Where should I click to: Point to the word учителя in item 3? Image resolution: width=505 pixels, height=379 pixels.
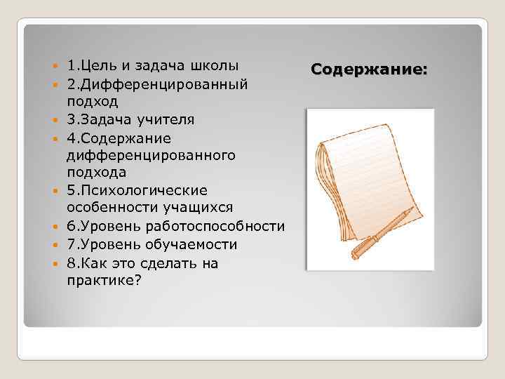coord(164,119)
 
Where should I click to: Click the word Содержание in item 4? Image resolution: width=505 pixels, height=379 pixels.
coord(125,138)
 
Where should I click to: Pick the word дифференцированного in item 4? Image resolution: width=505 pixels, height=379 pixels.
coord(151,155)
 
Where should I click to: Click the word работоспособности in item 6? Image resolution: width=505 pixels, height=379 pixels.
coord(213,227)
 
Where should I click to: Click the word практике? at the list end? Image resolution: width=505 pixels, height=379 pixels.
coord(102,280)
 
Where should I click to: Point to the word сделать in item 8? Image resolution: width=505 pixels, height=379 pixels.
coord(177,262)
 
